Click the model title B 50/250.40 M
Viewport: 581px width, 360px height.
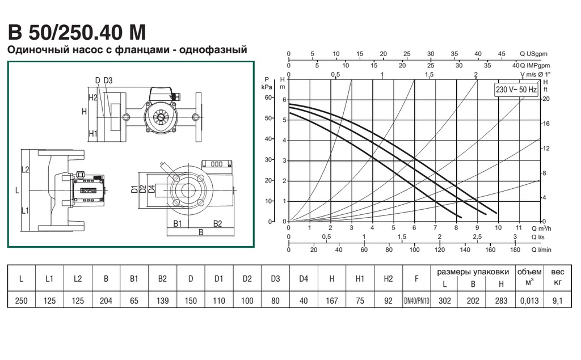click(x=77, y=32)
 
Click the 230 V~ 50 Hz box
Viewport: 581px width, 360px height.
click(x=516, y=90)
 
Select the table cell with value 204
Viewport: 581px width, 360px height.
click(x=106, y=300)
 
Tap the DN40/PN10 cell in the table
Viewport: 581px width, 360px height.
click(x=416, y=300)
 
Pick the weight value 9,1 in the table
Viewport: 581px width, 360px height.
click(x=557, y=300)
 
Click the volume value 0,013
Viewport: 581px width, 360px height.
click(x=529, y=300)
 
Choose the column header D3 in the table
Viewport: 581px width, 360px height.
click(x=275, y=278)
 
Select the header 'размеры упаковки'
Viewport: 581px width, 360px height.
click(x=473, y=272)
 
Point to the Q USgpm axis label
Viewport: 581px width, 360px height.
click(x=533, y=54)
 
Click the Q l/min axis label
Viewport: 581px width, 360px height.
click(x=541, y=249)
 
